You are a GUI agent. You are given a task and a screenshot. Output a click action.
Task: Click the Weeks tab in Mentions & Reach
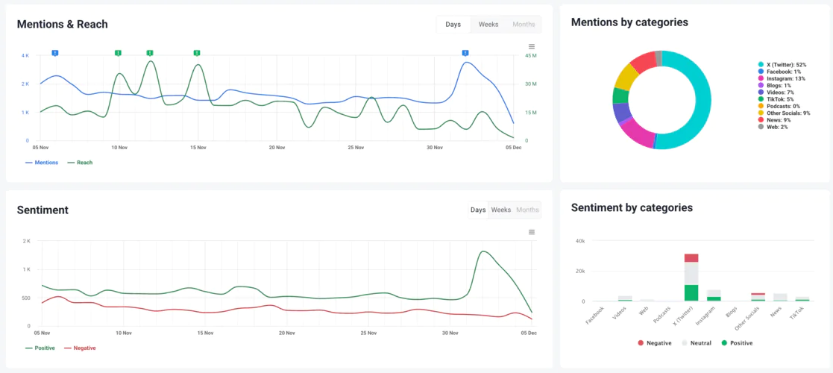pyautogui.click(x=488, y=25)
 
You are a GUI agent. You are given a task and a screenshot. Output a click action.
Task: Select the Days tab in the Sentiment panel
pyautogui.click(x=478, y=210)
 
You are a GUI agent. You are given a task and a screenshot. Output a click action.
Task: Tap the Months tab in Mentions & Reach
pyautogui.click(x=524, y=25)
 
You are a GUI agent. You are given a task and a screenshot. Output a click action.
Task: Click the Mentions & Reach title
pyautogui.click(x=63, y=25)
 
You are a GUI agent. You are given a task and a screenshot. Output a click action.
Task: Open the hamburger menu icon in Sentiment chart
pyautogui.click(x=532, y=232)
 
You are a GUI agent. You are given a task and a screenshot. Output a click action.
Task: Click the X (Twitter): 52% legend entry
pyautogui.click(x=783, y=65)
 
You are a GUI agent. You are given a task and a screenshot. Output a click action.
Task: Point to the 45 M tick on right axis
pyautogui.click(x=532, y=56)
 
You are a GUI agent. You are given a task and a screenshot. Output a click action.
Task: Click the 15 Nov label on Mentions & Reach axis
pyautogui.click(x=198, y=148)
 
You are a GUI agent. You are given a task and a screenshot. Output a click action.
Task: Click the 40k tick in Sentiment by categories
pyautogui.click(x=579, y=241)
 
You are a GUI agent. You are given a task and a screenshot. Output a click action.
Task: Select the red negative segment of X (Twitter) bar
pyautogui.click(x=691, y=258)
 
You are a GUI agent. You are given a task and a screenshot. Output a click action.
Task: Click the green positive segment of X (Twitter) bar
pyautogui.click(x=691, y=292)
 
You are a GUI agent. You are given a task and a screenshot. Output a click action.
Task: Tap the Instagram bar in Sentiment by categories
pyautogui.click(x=714, y=295)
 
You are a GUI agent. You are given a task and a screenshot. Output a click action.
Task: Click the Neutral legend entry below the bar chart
pyautogui.click(x=697, y=343)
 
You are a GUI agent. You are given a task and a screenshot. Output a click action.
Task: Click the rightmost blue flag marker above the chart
pyautogui.click(x=465, y=53)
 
